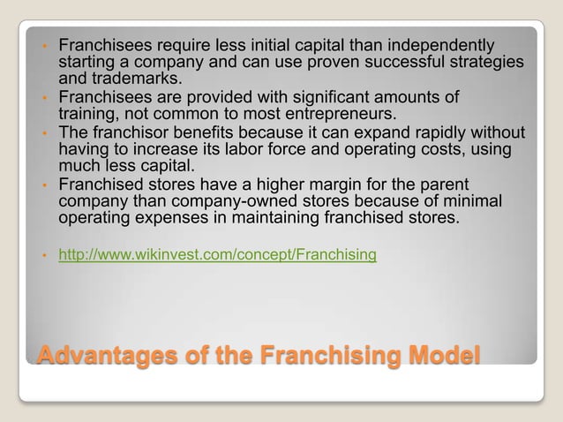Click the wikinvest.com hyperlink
pyautogui.click(x=217, y=255)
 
